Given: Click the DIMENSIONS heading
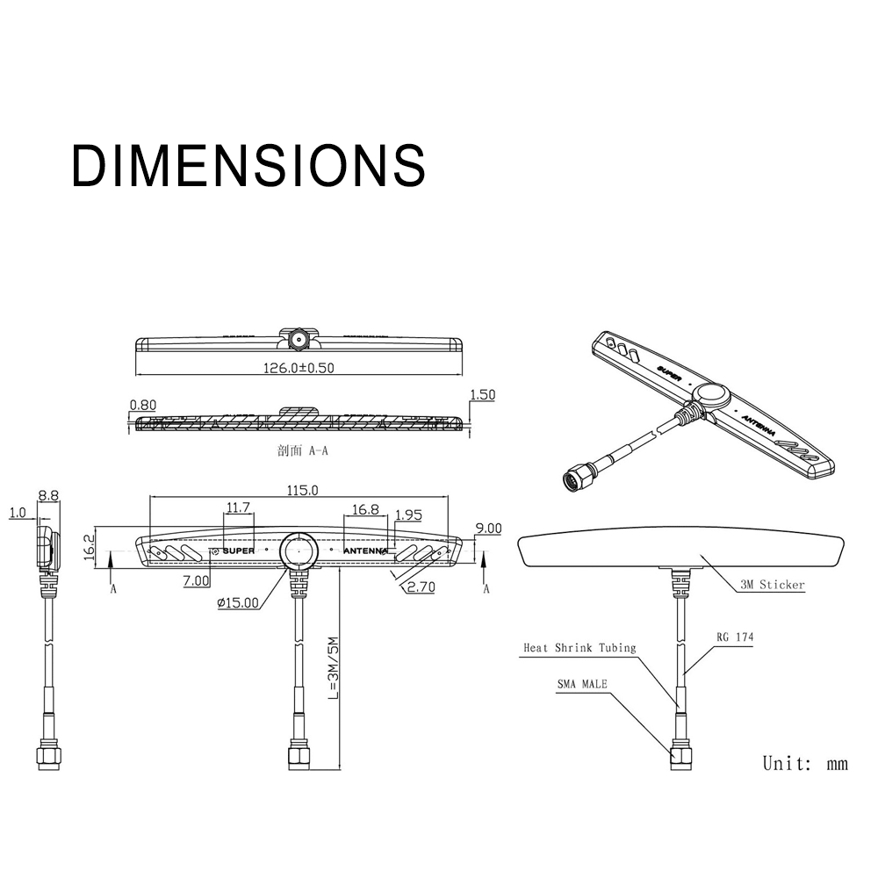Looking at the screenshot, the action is [x=248, y=165].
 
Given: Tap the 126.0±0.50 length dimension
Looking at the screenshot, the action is [x=299, y=368].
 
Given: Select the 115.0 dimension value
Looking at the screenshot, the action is [x=302, y=490].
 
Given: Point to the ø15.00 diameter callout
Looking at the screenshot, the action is [x=238, y=602].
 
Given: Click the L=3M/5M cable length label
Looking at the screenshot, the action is [x=333, y=667].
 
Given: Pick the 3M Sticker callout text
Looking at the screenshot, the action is [x=772, y=585].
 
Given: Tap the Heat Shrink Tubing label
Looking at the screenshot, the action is [x=579, y=648].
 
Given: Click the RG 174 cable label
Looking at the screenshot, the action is [x=735, y=637].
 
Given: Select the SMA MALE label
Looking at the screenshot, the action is [x=582, y=684].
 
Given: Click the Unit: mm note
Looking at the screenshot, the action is [x=805, y=763].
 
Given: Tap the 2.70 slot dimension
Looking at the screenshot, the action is [x=421, y=587].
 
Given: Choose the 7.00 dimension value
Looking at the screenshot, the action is [x=196, y=580].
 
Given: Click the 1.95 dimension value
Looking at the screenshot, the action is [x=408, y=515].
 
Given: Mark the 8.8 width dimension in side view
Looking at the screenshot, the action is [x=48, y=495].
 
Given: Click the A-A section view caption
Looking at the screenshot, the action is [x=302, y=450].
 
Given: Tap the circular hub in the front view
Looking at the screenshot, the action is [x=299, y=551].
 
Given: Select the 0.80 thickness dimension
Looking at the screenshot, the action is [x=143, y=404].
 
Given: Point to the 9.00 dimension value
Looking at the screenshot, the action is [x=488, y=528].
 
